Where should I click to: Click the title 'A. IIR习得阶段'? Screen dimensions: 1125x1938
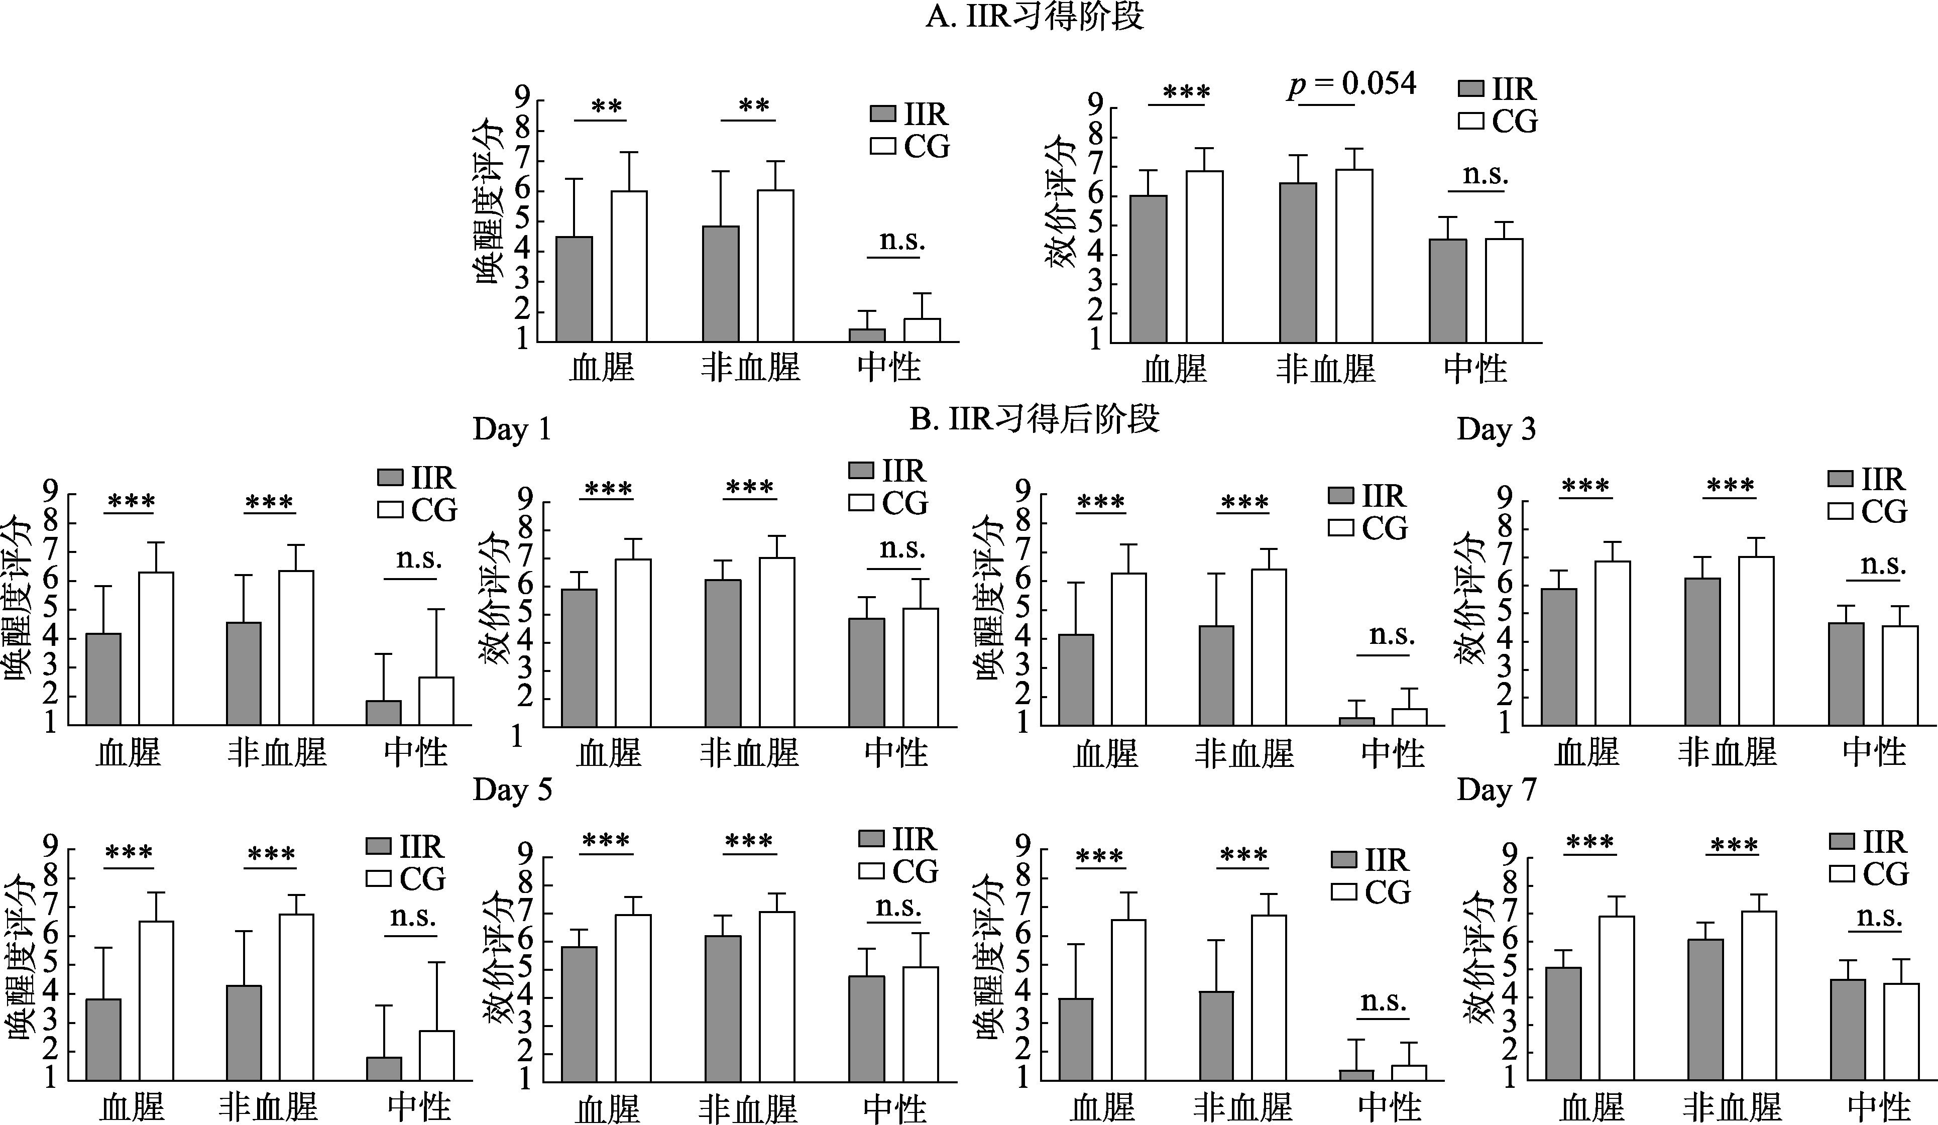[1035, 16]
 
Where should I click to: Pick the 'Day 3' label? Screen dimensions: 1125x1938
[1496, 429]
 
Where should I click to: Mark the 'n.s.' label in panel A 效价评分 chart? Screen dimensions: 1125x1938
[1485, 175]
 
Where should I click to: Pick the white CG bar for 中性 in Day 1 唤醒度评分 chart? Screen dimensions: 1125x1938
[436, 701]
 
